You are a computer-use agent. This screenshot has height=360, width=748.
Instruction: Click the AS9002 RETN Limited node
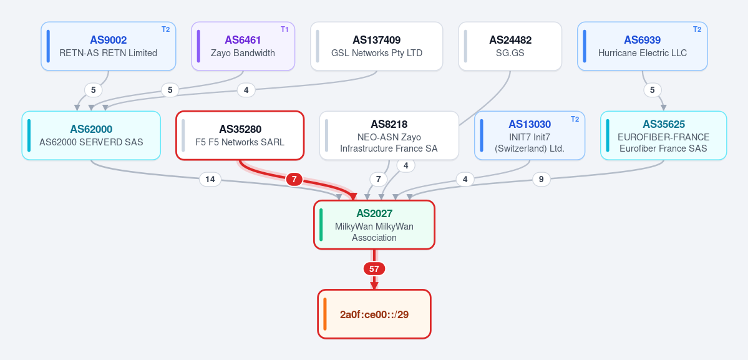coord(109,46)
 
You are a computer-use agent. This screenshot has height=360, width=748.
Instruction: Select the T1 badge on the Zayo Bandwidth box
coord(284,29)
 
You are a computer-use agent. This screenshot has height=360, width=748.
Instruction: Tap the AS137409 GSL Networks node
coord(376,46)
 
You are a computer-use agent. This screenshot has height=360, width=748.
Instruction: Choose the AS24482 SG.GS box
coord(510,46)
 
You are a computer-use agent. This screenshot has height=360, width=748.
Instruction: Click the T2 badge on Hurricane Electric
coord(697,29)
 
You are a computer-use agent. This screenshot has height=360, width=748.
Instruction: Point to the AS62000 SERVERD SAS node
coord(91,135)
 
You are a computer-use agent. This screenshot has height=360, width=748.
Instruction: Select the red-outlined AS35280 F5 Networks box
coord(240,135)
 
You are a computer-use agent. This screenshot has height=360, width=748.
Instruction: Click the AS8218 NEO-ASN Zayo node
coord(389,135)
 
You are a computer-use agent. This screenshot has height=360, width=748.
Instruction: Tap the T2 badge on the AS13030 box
coord(575,119)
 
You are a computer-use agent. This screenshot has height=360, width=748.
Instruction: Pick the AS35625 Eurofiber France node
coord(664,135)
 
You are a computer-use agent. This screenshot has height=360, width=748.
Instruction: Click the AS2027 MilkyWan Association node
coord(374,225)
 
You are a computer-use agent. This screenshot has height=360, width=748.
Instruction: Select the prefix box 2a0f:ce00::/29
coord(374,314)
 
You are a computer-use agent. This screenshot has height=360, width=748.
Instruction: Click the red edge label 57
coord(374,269)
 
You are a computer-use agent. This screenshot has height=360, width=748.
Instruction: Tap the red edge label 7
coord(294,179)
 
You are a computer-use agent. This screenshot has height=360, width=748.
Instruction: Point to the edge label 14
coord(210,179)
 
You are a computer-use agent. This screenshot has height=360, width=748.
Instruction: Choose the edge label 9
coord(541,179)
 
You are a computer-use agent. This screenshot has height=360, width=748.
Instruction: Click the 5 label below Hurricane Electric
coord(652,90)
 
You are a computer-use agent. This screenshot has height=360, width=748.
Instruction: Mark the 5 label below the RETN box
coord(93,90)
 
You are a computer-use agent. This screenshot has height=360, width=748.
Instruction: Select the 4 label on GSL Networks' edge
coord(246,90)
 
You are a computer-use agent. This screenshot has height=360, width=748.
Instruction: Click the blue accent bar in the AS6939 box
coord(585,46)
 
